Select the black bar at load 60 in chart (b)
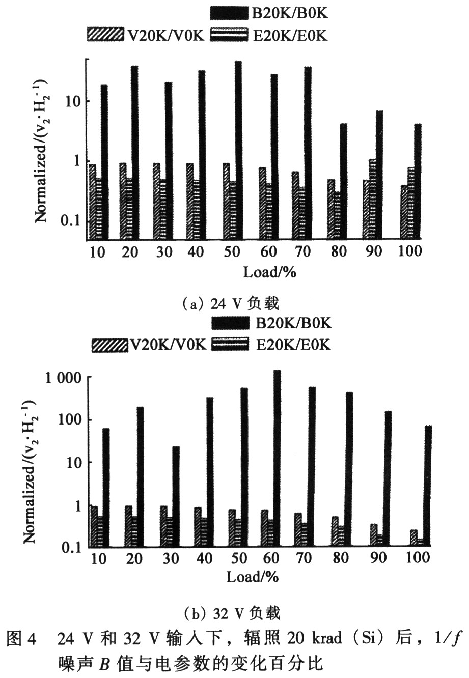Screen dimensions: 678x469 278,458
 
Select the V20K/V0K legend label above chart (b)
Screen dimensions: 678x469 168,345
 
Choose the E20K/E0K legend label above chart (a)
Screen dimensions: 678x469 290,35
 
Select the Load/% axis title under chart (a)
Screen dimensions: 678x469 270,272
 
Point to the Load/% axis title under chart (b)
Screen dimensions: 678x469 253,577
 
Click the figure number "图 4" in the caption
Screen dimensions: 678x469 21,638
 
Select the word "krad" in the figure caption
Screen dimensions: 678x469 327,638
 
